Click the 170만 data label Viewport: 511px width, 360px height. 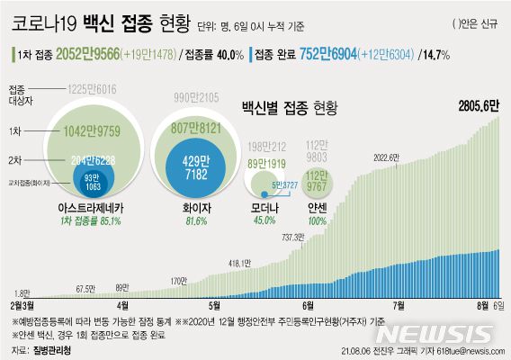point(180,282)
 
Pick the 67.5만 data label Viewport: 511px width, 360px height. point(85,289)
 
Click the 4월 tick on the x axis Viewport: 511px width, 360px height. point(121,305)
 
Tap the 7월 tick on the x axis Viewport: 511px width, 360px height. point(396,305)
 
